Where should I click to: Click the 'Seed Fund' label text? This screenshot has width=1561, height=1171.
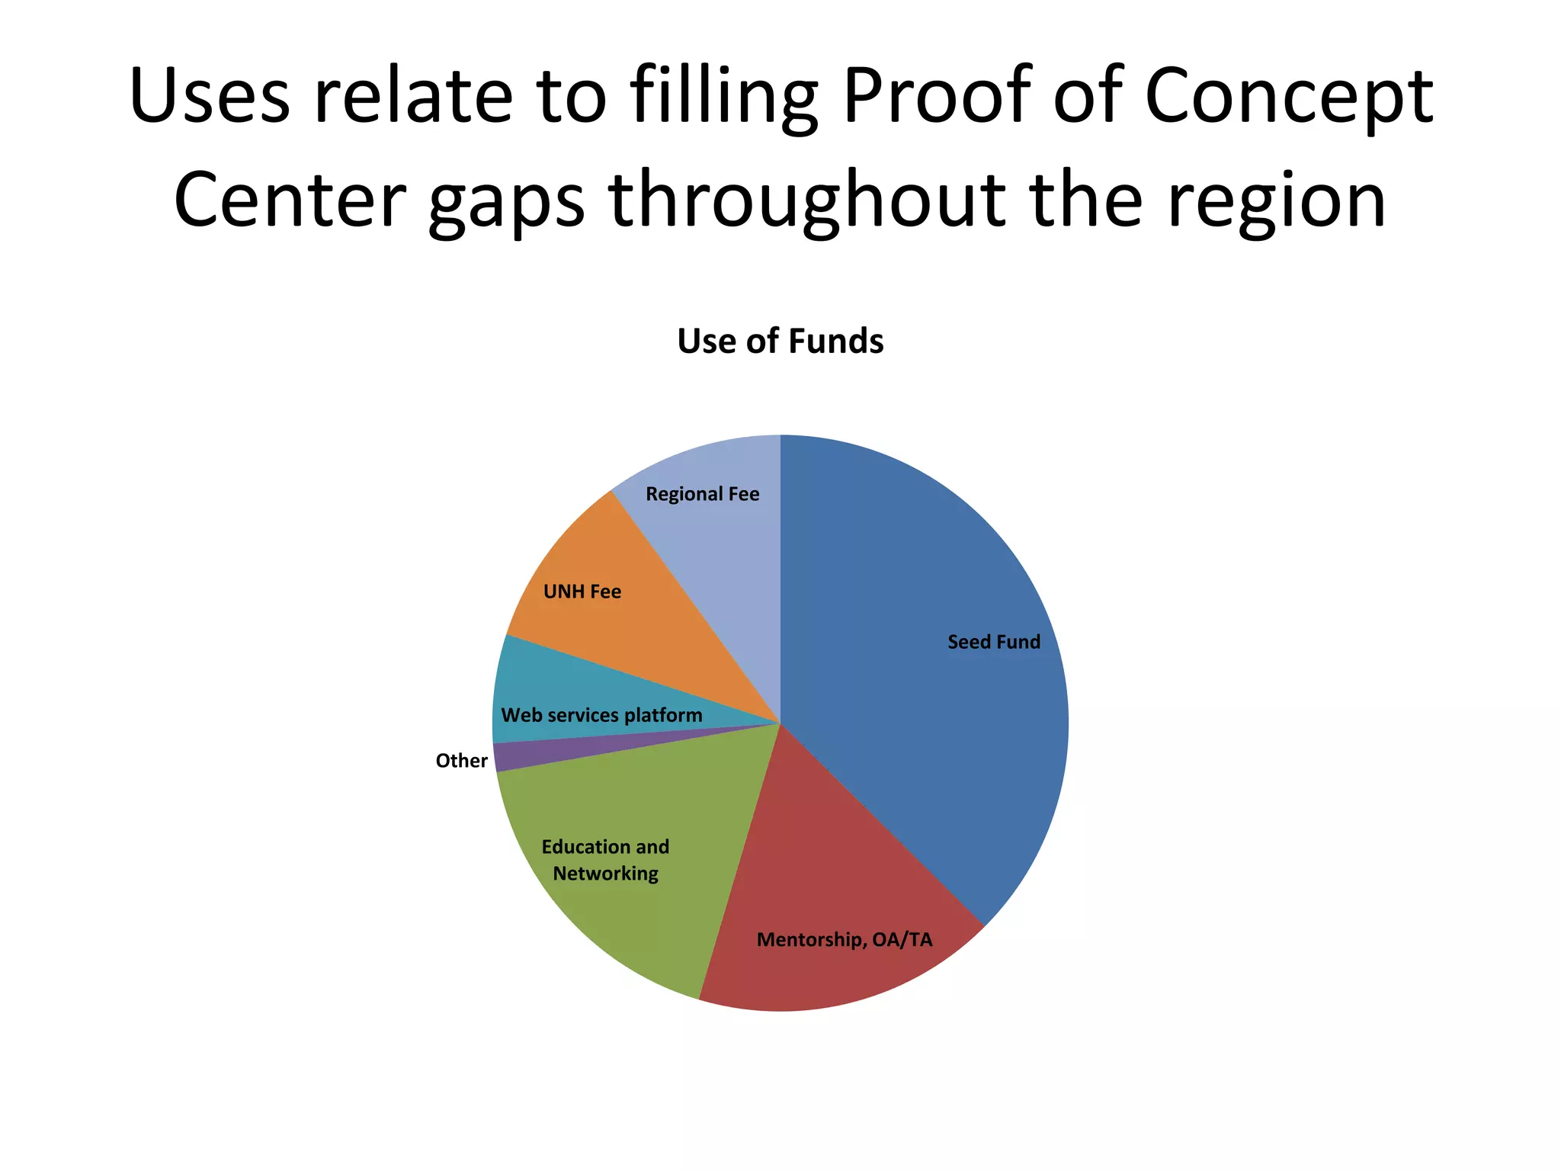click(993, 642)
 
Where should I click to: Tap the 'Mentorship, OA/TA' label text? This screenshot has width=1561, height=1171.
click(844, 939)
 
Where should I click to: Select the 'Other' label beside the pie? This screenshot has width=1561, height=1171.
click(461, 761)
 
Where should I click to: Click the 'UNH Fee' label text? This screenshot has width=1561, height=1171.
click(582, 592)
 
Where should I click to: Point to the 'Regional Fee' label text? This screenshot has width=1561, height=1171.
click(702, 494)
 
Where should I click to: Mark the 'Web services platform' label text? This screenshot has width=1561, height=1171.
click(601, 715)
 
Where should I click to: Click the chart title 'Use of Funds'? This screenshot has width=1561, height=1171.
click(780, 341)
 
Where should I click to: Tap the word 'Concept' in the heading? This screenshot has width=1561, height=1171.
click(1289, 95)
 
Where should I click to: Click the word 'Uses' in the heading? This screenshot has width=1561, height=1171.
click(210, 95)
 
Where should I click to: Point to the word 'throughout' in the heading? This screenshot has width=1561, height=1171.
click(806, 200)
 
